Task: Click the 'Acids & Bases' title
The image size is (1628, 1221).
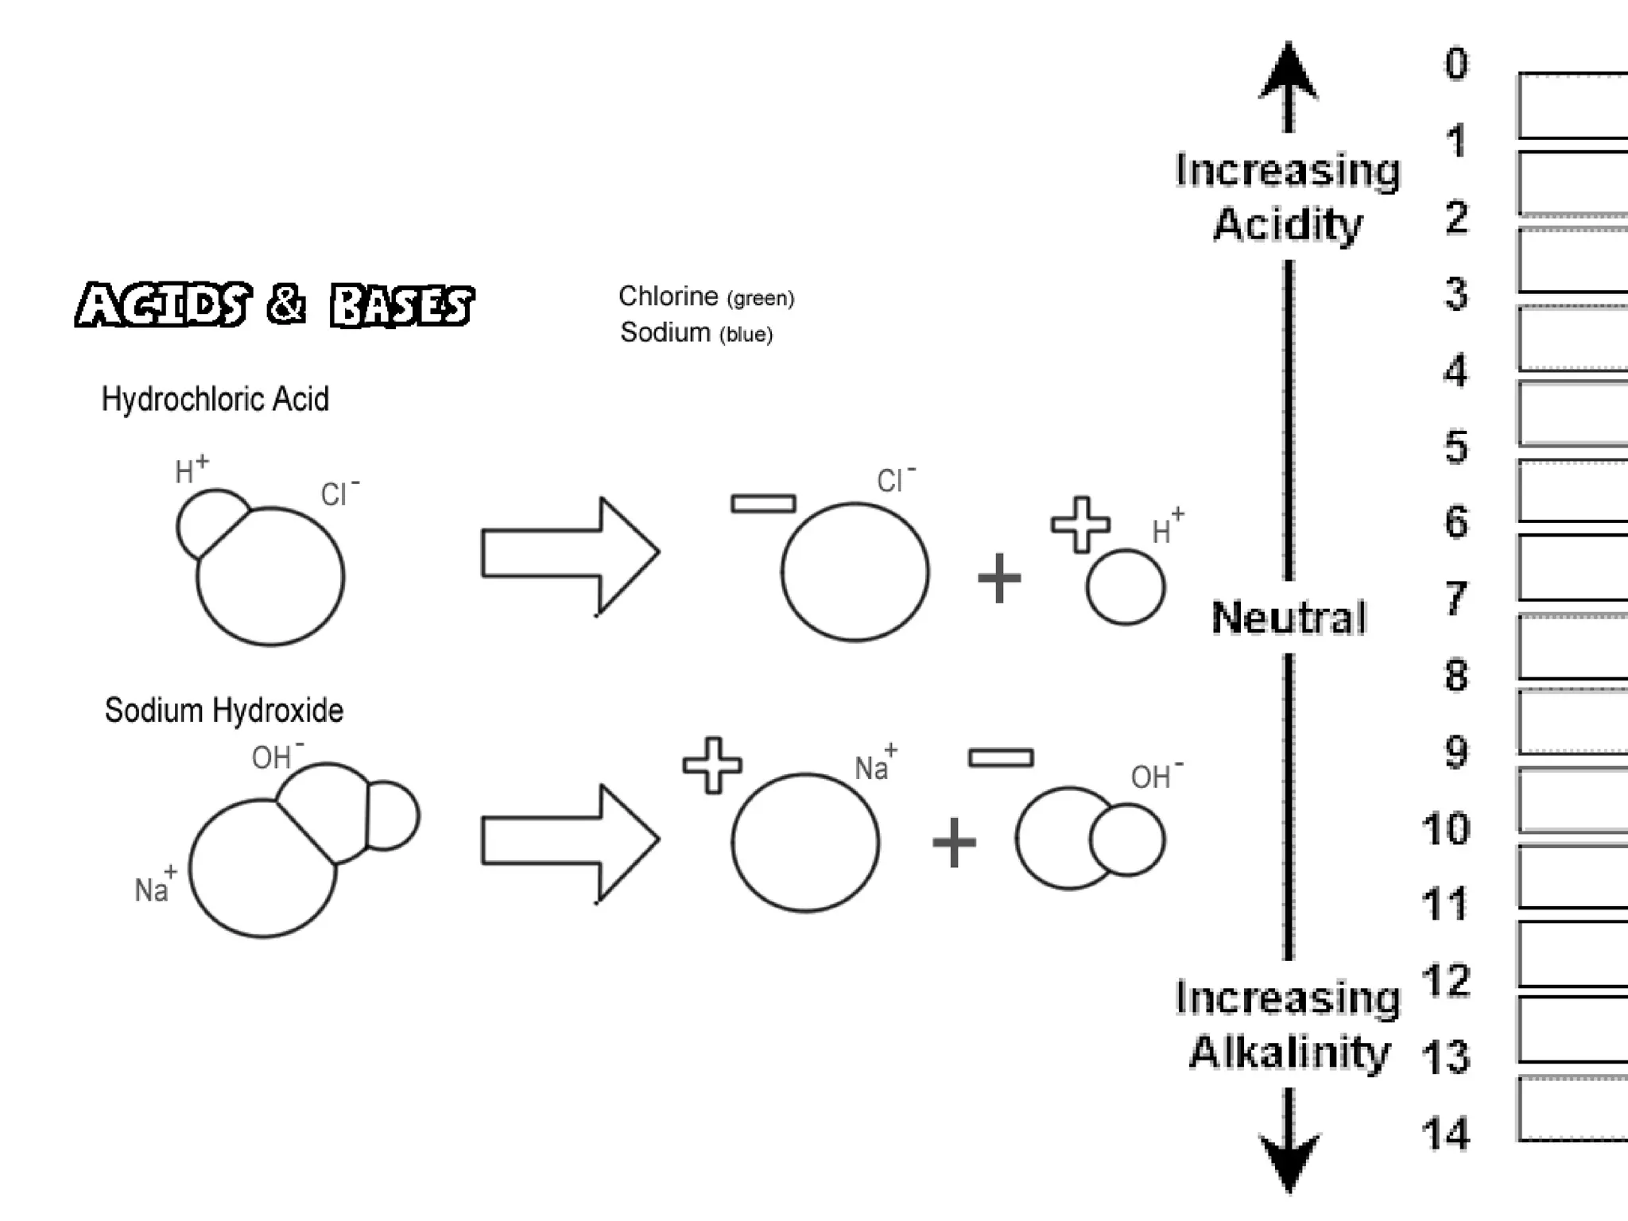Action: click(274, 304)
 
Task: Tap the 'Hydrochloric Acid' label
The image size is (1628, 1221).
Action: click(215, 399)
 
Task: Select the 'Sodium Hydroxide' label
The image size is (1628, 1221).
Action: click(223, 710)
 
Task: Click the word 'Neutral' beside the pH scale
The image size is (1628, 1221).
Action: click(1289, 618)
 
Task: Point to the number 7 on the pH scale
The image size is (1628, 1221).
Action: click(1456, 598)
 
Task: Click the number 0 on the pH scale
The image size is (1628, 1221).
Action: click(1456, 64)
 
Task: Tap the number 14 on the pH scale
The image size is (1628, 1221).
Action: click(1446, 1134)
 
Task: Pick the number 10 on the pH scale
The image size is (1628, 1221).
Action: click(1446, 829)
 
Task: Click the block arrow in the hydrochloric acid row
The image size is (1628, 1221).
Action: click(570, 554)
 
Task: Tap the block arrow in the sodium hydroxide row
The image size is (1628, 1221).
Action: click(570, 841)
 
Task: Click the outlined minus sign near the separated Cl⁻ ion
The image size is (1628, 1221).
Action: click(763, 503)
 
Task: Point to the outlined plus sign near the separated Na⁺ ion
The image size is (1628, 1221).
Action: click(712, 766)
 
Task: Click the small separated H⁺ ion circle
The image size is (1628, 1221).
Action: click(1126, 587)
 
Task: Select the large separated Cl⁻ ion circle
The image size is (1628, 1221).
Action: click(855, 572)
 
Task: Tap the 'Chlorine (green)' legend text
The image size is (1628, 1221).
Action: click(706, 297)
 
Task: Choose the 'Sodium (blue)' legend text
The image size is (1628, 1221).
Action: click(696, 332)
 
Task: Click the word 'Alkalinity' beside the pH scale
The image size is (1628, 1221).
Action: click(1289, 1052)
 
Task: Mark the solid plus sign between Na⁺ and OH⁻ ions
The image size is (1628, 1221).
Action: click(954, 843)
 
